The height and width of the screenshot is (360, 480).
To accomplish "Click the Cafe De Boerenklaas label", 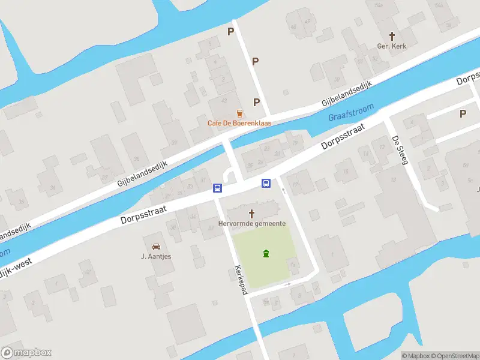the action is pos(239,123).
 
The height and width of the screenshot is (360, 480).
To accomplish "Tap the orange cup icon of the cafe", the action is pos(239,113).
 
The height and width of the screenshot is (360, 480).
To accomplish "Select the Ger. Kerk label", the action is pos(392,46).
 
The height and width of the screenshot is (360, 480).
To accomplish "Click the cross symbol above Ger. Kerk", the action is pos(392,36).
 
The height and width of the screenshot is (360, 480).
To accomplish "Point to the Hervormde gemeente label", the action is pos(251,223).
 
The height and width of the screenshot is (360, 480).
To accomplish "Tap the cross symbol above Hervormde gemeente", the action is pos(251,213).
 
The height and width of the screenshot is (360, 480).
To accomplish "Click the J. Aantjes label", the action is pos(156,256).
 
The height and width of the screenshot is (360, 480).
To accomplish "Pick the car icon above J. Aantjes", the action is pos(156,246).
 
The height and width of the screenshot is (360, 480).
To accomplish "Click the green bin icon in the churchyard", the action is pos(266,254).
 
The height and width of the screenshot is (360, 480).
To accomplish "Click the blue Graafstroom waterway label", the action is pos(351,112).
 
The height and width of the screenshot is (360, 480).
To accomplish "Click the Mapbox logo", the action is pos(26,353).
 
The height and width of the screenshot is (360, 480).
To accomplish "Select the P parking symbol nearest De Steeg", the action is pos(463,113).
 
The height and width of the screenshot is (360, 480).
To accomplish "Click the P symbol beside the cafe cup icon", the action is pos(257,102).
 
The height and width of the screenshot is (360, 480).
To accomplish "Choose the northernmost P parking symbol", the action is pos(230,31).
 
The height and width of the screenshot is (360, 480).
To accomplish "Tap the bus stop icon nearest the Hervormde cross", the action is pos(265,184).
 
